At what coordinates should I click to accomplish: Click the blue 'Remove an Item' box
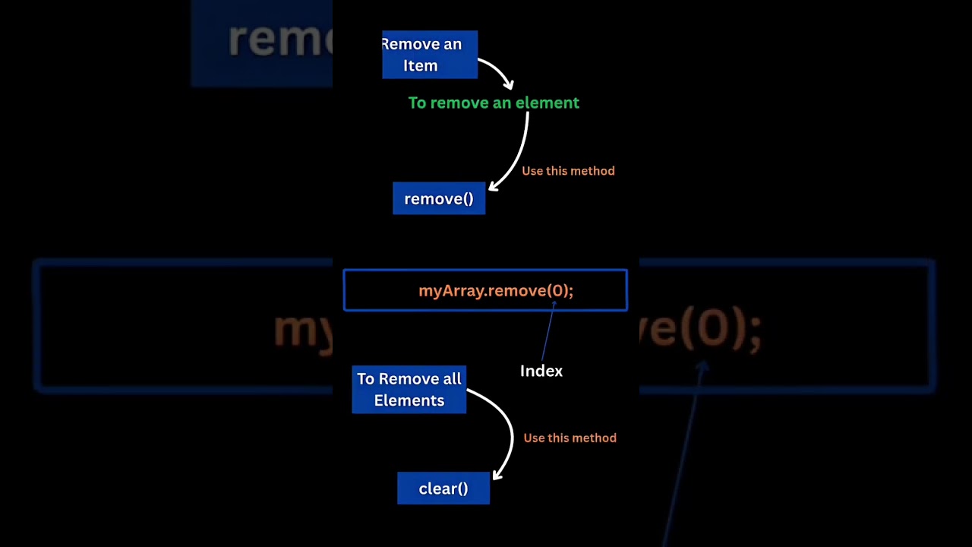[x=430, y=55]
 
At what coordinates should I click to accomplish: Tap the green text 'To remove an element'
[x=494, y=103]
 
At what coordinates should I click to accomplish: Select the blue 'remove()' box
[x=439, y=198]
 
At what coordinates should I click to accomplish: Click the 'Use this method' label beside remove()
[x=568, y=171]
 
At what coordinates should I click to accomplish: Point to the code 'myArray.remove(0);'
[x=496, y=290]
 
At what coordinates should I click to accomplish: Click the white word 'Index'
[x=541, y=372]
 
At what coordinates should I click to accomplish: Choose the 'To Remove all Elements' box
[x=409, y=390]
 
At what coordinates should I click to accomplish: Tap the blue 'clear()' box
[x=443, y=489]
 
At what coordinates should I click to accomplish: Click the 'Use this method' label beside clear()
[x=570, y=438]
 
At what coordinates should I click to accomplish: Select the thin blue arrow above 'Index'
[x=548, y=330]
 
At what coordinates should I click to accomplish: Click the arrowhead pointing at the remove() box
[x=493, y=186]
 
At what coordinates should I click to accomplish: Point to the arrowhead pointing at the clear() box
[x=497, y=475]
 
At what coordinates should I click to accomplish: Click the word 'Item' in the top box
[x=420, y=66]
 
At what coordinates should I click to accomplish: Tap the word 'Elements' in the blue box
[x=409, y=400]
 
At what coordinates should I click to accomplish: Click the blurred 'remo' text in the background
[x=280, y=40]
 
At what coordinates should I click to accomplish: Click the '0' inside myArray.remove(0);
[x=557, y=290]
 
